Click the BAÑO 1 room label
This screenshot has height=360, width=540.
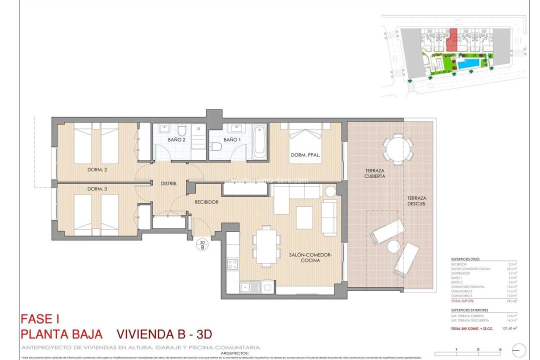(x=232, y=139)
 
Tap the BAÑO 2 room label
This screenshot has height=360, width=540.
(x=176, y=139)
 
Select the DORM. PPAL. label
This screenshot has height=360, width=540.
(x=305, y=155)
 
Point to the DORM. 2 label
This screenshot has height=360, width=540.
(x=97, y=169)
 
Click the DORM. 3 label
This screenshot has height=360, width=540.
(x=97, y=188)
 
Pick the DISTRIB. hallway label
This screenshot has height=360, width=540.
(x=169, y=183)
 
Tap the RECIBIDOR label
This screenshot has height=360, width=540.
(x=206, y=202)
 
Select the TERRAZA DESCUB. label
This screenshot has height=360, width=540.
(x=416, y=200)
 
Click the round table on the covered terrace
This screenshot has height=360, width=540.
(x=398, y=148)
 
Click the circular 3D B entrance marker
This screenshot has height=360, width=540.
(x=202, y=243)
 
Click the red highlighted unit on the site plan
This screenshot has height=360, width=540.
(x=452, y=40)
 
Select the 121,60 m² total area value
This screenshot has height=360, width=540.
(x=508, y=328)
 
